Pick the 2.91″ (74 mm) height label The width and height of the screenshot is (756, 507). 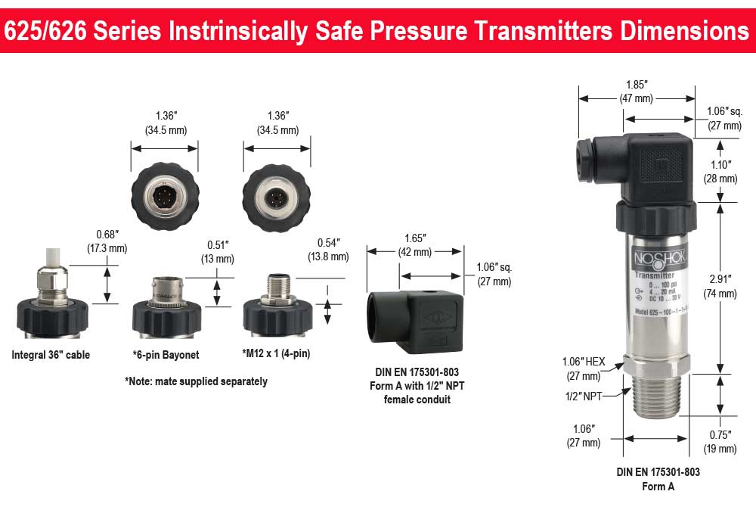[x=719, y=285]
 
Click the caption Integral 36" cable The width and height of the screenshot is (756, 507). [x=51, y=355]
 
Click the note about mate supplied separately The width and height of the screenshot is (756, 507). [x=196, y=381]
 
